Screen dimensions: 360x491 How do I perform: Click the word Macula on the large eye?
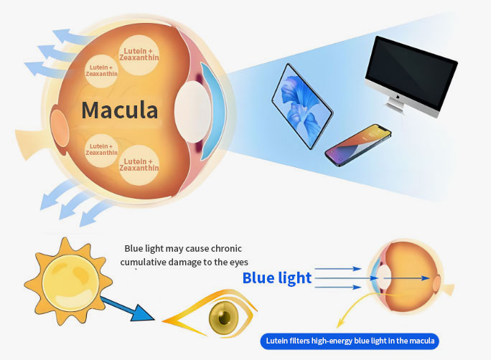coord(119,110)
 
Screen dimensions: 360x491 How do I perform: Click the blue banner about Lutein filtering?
coord(350,341)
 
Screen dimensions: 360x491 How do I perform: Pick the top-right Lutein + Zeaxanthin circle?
coord(141,55)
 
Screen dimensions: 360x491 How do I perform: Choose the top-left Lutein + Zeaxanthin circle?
coord(101,70)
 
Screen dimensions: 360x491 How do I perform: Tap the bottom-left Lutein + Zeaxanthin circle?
coord(101,150)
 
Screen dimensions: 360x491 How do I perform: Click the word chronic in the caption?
coord(225,248)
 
